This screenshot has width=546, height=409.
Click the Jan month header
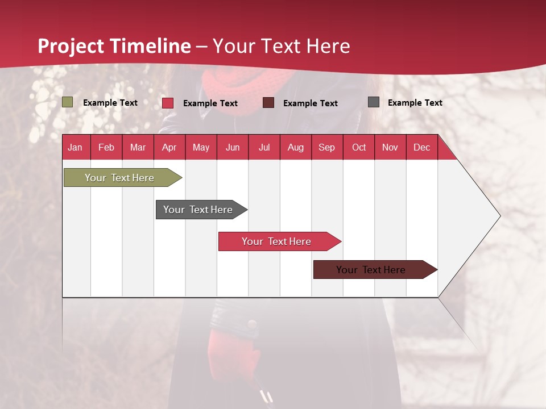click(x=76, y=147)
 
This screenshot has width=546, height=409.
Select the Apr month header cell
click(x=169, y=147)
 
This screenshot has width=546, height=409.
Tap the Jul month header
click(x=264, y=147)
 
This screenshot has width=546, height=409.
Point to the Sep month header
click(x=327, y=147)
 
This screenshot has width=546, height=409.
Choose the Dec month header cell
click(x=421, y=147)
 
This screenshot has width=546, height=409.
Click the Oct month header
click(x=359, y=147)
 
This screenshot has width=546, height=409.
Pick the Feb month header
click(x=106, y=147)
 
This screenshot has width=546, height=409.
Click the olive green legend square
click(x=67, y=102)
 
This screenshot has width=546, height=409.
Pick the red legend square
click(x=168, y=103)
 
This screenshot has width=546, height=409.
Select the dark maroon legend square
click(x=268, y=102)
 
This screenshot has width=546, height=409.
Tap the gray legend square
click(x=374, y=102)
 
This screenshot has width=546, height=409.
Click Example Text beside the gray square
click(x=415, y=102)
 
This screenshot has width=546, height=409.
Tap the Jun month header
click(x=233, y=147)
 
